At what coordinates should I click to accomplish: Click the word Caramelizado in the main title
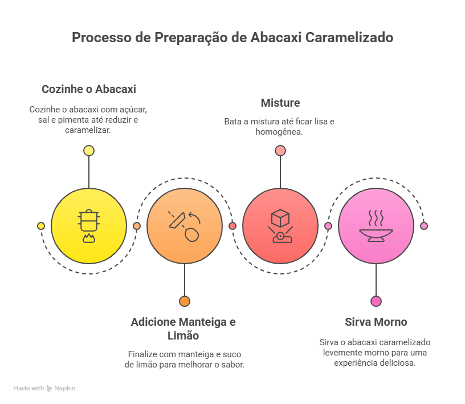coord(349,38)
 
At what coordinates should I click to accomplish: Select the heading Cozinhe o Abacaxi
coord(89,89)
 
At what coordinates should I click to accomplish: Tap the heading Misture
coord(280,103)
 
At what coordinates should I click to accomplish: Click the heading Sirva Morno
coord(376,322)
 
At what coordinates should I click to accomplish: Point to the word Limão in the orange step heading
coord(183,336)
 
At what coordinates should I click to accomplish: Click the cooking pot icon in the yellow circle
coord(89,226)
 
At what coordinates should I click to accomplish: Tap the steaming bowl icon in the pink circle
coord(376,226)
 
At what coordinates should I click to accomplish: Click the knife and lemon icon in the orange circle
coord(185,226)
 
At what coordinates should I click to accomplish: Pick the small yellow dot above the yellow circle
coord(89,151)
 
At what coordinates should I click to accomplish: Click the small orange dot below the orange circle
coord(185,301)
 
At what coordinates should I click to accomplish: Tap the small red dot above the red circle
coord(280,151)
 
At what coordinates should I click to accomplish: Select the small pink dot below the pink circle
coord(376,301)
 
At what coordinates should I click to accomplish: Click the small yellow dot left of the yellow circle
coord(41,226)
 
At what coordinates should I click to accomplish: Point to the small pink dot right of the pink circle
coord(424,226)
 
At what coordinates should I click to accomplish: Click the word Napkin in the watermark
coord(64,388)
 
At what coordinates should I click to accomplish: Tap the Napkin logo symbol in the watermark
coord(49,388)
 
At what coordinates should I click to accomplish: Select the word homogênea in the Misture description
coord(279,132)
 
